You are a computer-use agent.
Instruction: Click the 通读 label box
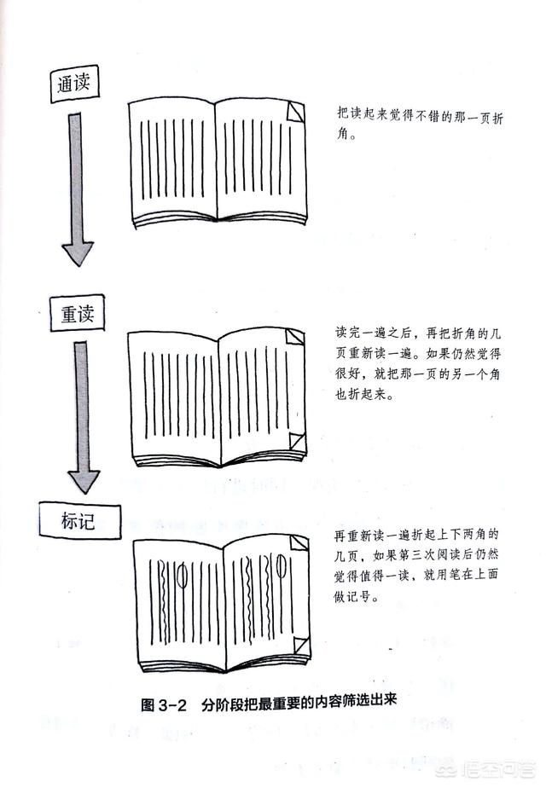(x=74, y=84)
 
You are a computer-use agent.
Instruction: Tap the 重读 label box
(x=77, y=314)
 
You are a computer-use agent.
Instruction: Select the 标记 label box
(x=79, y=521)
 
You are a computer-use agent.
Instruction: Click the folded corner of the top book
(x=296, y=112)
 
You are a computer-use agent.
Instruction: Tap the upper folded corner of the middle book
(x=295, y=337)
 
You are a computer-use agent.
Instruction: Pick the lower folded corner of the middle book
(x=297, y=441)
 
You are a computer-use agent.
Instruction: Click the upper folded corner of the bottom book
(x=299, y=542)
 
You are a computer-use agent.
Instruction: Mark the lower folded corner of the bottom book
(x=302, y=646)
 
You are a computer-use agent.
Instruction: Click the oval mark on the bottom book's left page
(x=183, y=576)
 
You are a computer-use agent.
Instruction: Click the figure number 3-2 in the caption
(x=172, y=705)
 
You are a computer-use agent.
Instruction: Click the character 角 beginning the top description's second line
(x=344, y=135)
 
